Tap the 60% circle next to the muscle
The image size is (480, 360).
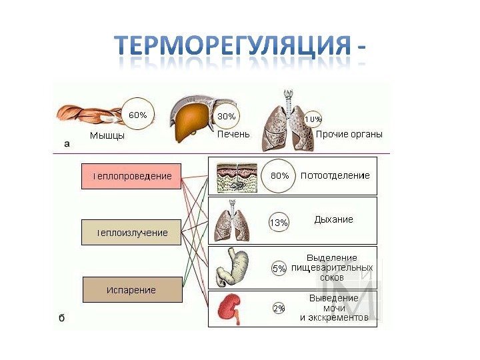click(x=137, y=115)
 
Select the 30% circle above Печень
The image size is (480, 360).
click(x=227, y=116)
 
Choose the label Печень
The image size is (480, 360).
click(x=233, y=134)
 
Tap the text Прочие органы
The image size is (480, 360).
click(x=349, y=134)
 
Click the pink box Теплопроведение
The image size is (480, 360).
click(x=131, y=176)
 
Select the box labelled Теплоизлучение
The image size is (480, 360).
click(x=131, y=233)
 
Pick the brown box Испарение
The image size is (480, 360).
click(x=131, y=290)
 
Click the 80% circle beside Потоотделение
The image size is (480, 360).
click(x=279, y=175)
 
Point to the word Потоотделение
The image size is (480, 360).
click(x=335, y=175)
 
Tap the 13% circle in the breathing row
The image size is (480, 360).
click(x=279, y=223)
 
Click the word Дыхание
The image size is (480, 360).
click(x=333, y=219)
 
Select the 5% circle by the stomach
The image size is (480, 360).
click(x=279, y=269)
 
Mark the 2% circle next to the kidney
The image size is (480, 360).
click(x=279, y=309)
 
